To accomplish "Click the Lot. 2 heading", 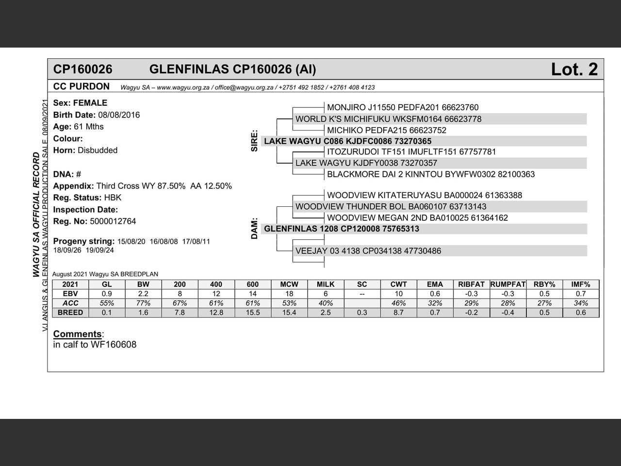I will click(x=574, y=69).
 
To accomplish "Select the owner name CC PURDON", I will click(x=82, y=86).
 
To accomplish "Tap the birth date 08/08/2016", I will click(x=119, y=115).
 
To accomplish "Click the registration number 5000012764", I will click(x=113, y=221).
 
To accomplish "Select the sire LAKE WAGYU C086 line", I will click(x=347, y=141).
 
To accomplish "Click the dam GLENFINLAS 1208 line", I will click(x=342, y=229).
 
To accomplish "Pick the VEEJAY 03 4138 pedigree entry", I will click(x=368, y=251).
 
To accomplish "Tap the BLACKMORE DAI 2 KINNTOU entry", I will click(x=431, y=174).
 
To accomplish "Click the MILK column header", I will click(x=326, y=284).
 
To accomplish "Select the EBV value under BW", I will click(x=143, y=294).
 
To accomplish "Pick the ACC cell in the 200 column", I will click(x=180, y=303).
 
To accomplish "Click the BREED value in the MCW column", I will click(x=289, y=313).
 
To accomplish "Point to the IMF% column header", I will click(x=581, y=284).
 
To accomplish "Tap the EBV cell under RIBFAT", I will click(x=471, y=294).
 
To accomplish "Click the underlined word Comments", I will click(x=77, y=334).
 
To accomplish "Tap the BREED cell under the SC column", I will click(x=362, y=313).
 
